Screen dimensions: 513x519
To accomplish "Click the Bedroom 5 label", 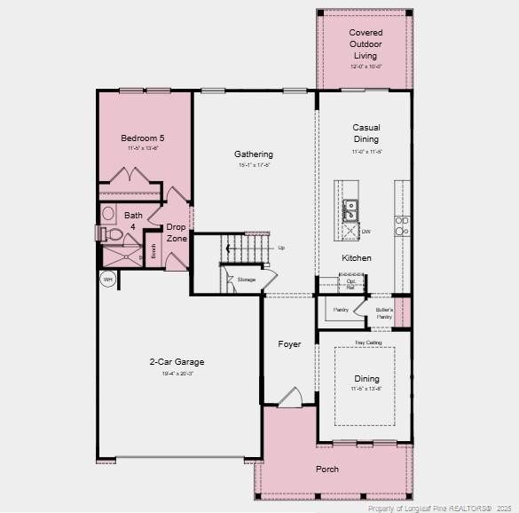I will pyautogui.click(x=143, y=138).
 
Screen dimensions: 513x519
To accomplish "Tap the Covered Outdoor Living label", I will pyautogui.click(x=366, y=43).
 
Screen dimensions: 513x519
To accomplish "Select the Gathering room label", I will pyautogui.click(x=254, y=154).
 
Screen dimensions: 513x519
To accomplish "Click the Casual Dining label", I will pyautogui.click(x=366, y=133).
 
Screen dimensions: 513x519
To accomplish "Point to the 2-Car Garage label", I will pyautogui.click(x=177, y=362).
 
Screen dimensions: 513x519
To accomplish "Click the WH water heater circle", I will pyautogui.click(x=108, y=280).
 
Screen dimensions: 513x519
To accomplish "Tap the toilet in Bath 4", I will pyautogui.click(x=113, y=235).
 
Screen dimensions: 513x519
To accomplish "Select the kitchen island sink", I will pyautogui.click(x=350, y=210).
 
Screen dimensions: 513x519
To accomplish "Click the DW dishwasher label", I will pyautogui.click(x=366, y=233).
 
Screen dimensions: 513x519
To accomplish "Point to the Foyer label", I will pyautogui.click(x=289, y=344).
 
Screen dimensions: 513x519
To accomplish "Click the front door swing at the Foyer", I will pyautogui.click(x=290, y=398).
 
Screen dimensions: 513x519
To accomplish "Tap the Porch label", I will pyautogui.click(x=327, y=469).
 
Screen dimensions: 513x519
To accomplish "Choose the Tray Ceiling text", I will pyautogui.click(x=367, y=343).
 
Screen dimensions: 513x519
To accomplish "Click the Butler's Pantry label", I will pyautogui.click(x=384, y=313).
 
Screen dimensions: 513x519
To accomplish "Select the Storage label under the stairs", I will pyautogui.click(x=247, y=280).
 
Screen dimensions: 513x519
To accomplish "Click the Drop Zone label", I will pyautogui.click(x=177, y=233).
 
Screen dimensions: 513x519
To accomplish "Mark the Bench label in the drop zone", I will pyautogui.click(x=153, y=252).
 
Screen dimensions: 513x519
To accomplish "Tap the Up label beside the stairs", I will pyautogui.click(x=281, y=248).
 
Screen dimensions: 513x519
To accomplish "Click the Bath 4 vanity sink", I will pyautogui.click(x=108, y=214).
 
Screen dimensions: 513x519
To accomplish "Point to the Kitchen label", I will pyautogui.click(x=357, y=258).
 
